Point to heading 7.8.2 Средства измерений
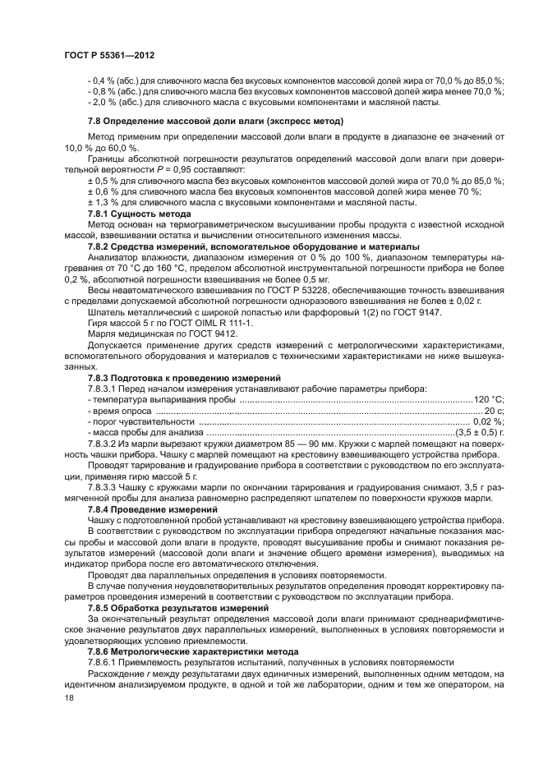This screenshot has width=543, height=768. (x=242, y=246)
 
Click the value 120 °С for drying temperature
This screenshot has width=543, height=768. (x=489, y=398)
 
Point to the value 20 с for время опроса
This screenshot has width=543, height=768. (x=493, y=409)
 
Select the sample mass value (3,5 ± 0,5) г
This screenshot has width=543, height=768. (x=480, y=431)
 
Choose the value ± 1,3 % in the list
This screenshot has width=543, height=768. (x=101, y=201)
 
